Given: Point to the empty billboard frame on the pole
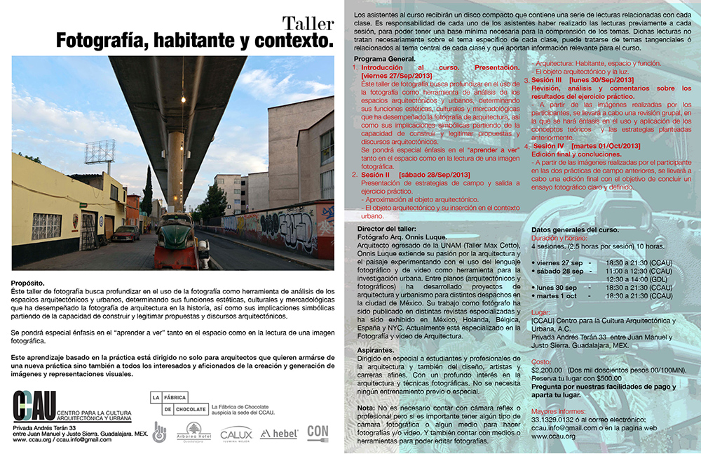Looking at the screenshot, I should point(100,152).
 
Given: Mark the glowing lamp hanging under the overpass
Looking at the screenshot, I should point(183,100).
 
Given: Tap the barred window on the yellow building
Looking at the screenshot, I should point(46,227).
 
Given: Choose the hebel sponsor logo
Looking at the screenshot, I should point(278,434).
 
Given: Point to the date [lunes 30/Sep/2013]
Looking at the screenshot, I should point(597,81).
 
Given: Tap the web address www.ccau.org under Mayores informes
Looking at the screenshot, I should point(552,436).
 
